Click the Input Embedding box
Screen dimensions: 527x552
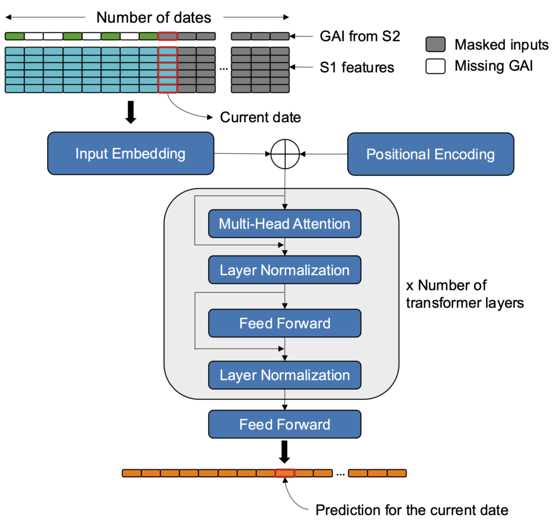pyautogui.click(x=130, y=154)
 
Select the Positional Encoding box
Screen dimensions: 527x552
pyautogui.click(x=430, y=155)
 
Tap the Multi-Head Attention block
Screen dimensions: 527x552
pyautogui.click(x=284, y=224)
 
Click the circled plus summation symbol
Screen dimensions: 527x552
pyautogui.click(x=284, y=155)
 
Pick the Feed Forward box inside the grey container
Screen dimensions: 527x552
pyautogui.click(x=284, y=323)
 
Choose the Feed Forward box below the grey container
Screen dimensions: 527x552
pyautogui.click(x=284, y=424)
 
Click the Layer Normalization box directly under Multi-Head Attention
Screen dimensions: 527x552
pyautogui.click(x=284, y=270)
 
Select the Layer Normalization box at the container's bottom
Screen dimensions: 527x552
pyautogui.click(x=284, y=375)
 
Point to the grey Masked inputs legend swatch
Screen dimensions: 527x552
pyautogui.click(x=436, y=44)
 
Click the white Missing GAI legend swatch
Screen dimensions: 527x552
pyautogui.click(x=436, y=67)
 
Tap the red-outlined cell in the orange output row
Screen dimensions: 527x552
pyautogui.click(x=285, y=473)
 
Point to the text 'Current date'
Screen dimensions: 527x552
pyautogui.click(x=260, y=117)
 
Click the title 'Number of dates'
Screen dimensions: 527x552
pyautogui.click(x=154, y=18)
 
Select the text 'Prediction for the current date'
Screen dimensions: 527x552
pyautogui.click(x=412, y=510)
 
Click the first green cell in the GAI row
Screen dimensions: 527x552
pyautogui.click(x=15, y=37)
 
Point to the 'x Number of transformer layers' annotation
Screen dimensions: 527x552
pyautogui.click(x=464, y=294)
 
